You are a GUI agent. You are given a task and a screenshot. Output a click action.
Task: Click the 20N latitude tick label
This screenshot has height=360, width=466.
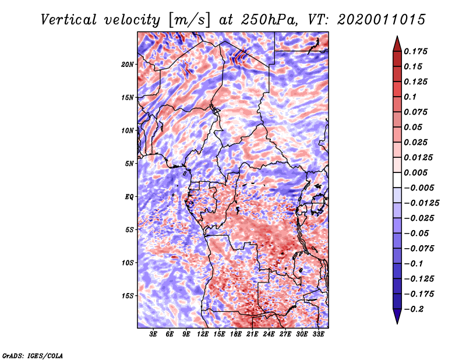click(128, 64)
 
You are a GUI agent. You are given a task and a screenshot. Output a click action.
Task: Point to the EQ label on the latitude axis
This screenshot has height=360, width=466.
click(129, 197)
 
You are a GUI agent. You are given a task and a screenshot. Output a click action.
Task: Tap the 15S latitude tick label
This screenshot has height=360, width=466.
click(128, 296)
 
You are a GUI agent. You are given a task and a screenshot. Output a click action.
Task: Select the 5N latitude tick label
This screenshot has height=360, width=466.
click(129, 164)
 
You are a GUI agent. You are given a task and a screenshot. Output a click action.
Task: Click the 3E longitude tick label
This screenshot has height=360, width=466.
click(153, 334)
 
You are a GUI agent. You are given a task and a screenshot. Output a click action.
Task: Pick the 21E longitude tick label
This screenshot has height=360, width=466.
click(252, 334)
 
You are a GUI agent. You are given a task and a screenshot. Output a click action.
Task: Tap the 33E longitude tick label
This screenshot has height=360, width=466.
click(319, 334)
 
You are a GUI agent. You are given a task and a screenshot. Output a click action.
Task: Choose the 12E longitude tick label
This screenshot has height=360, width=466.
click(203, 334)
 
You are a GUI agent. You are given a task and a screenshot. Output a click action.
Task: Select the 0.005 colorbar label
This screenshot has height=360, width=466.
click(417, 172)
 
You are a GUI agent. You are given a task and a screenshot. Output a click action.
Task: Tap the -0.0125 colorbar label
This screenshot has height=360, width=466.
click(423, 203)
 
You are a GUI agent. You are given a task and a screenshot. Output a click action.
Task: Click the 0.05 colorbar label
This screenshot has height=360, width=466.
click(414, 127)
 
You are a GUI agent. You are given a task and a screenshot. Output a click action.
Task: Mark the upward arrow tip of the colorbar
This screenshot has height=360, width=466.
click(396, 37)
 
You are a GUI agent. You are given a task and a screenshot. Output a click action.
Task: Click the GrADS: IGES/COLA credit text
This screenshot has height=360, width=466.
click(32, 355)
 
